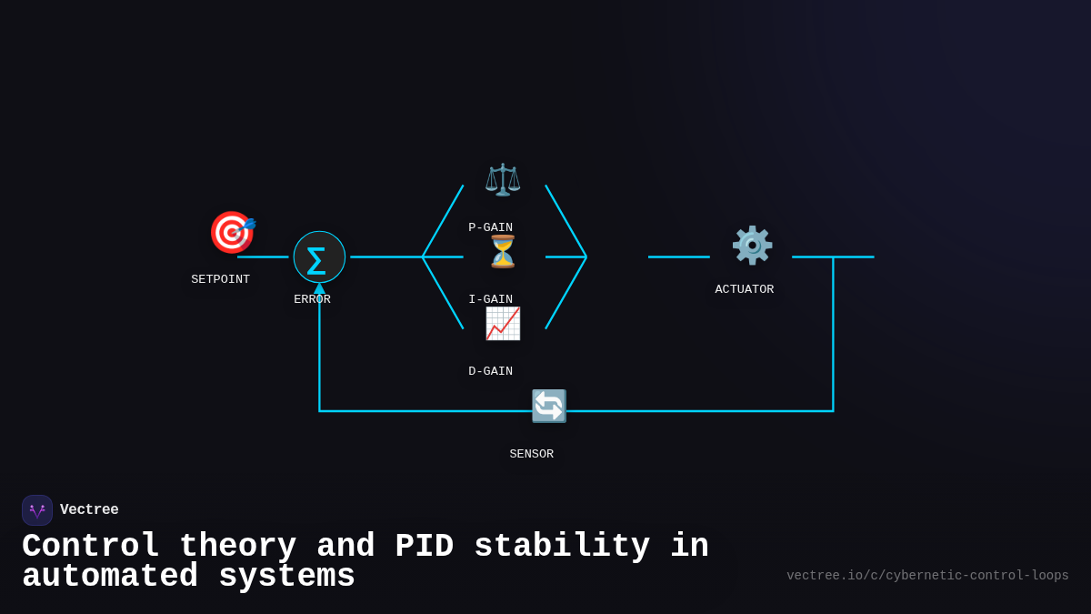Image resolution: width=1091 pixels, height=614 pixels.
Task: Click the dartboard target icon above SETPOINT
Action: tap(232, 232)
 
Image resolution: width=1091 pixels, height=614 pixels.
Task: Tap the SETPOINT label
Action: tap(220, 279)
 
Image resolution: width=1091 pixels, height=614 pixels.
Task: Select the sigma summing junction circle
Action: tap(319, 257)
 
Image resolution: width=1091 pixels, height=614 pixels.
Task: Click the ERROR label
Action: tap(312, 299)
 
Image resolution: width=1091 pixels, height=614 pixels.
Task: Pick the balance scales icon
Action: tap(502, 179)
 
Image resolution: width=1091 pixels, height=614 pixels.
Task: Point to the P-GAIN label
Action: tap(490, 227)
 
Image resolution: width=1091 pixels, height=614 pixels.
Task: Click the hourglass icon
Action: tap(502, 252)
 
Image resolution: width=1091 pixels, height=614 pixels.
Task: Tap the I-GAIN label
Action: tap(490, 299)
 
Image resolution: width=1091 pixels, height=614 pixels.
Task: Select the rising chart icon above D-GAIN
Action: tap(502, 323)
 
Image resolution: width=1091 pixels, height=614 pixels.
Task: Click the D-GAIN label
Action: tap(490, 371)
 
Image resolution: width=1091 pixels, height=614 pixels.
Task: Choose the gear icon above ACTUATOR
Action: tap(752, 245)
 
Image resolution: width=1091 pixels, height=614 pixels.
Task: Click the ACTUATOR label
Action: tap(744, 289)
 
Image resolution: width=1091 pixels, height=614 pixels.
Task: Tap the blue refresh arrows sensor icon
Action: tap(548, 406)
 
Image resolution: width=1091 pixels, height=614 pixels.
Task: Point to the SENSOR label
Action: tap(531, 454)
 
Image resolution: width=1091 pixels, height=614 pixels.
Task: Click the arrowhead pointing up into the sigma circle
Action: tap(319, 288)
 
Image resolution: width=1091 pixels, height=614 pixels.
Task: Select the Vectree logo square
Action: tap(37, 510)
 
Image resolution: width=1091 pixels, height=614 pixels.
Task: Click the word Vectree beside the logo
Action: tap(89, 510)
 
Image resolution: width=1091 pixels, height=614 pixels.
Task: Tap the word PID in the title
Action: tap(424, 547)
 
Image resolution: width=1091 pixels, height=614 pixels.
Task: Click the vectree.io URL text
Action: tap(927, 576)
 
